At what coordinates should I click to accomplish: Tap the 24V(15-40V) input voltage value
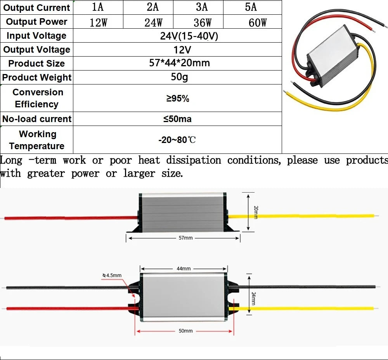point(189,36)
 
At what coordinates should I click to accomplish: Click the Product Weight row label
point(36,78)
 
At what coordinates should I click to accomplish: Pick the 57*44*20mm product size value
point(179,63)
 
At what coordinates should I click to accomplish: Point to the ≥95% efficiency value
point(178,98)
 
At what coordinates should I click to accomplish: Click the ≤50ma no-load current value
point(177,119)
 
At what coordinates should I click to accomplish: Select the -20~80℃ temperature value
point(177,140)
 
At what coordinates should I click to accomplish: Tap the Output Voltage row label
point(36,50)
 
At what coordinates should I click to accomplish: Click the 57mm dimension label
point(185,238)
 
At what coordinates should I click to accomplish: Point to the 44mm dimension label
point(184,269)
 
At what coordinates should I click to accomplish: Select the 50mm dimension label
point(185,331)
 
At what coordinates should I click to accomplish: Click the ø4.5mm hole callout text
point(112,275)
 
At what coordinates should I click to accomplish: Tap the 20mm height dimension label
point(256,212)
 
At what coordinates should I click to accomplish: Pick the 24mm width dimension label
point(254,298)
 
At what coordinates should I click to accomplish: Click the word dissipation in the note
point(194,160)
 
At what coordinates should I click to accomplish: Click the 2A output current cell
point(152,7)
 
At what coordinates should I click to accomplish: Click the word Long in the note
point(11,160)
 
